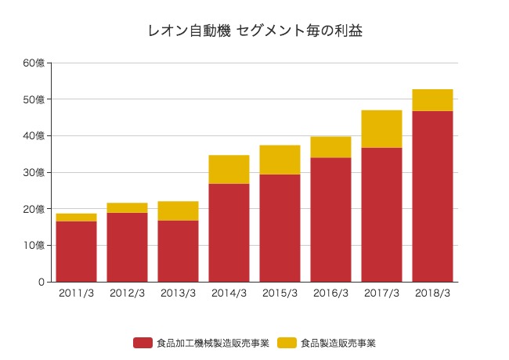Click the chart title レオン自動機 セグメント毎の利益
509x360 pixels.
click(254, 31)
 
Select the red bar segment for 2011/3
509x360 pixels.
click(77, 251)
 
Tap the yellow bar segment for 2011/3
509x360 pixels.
click(77, 218)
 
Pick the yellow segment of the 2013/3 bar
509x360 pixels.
click(179, 211)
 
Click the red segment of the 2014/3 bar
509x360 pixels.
click(229, 232)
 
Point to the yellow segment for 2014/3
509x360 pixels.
click(229, 170)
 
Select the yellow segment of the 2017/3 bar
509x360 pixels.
click(381, 129)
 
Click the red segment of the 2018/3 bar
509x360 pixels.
click(432, 196)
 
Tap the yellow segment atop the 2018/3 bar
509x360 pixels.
click(432, 100)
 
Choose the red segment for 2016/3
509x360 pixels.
click(330, 220)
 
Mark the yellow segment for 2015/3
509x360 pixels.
click(280, 160)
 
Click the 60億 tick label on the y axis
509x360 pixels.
click(34, 63)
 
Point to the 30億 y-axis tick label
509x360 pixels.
click(34, 172)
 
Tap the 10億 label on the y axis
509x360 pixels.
click(34, 245)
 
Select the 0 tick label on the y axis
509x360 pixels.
click(41, 282)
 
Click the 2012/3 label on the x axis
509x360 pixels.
click(127, 293)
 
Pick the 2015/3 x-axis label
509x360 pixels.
click(280, 293)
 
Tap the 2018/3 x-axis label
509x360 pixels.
click(432, 293)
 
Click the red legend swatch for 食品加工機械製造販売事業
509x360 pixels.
click(143, 343)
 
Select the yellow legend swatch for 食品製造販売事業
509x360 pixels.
click(287, 343)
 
